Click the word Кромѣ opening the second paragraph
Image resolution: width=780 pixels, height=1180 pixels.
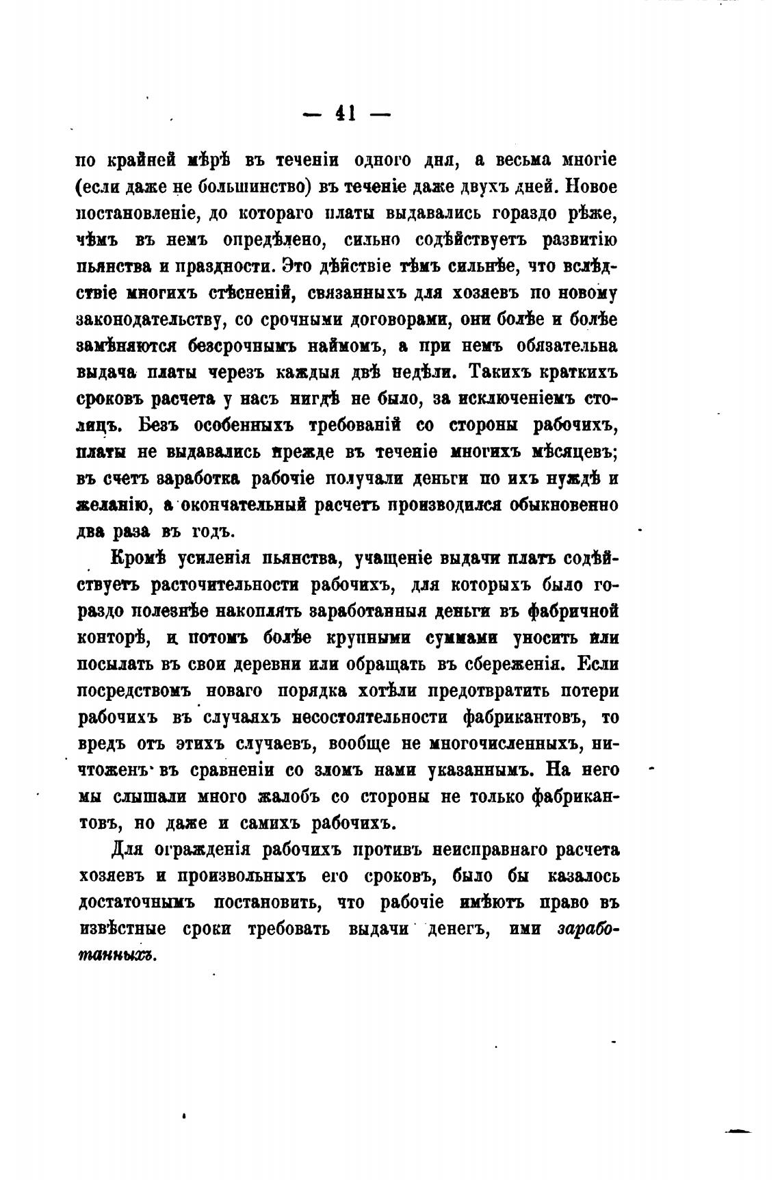pyautogui.click(x=137, y=559)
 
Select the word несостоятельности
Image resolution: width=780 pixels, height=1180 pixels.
pyautogui.click(x=370, y=717)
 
